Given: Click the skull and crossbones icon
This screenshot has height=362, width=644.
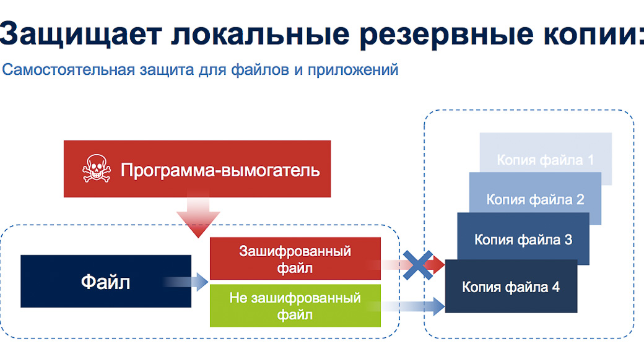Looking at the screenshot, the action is pos(97,168).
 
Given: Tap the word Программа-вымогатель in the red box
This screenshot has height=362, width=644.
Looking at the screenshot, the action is pos(220,170).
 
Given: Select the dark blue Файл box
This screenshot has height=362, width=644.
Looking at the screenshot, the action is pos(106,281).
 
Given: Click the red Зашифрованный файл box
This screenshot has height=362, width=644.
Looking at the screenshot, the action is pos(295,259).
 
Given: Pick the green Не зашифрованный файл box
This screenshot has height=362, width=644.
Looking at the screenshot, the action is pos(295,306).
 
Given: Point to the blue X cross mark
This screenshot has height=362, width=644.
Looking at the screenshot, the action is pos(418,265).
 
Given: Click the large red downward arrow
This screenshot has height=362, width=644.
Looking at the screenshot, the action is pos(198,214).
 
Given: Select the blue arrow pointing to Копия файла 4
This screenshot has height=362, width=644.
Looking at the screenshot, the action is pos(407,306).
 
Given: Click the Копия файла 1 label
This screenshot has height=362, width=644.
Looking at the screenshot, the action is pos(546,160).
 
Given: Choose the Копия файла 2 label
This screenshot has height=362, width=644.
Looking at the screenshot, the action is pos(535,199).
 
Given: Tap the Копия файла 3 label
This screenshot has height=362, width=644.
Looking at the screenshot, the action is pos(523,239).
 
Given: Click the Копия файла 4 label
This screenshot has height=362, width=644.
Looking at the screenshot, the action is pos(511,287).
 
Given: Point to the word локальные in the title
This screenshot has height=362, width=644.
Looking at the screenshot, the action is pos(261,33).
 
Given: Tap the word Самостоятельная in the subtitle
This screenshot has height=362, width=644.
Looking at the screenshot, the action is pos(69,70).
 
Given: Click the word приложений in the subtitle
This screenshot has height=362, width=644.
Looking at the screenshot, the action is pos(353,70).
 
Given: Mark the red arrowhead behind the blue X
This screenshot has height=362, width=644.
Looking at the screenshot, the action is pos(437,265).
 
